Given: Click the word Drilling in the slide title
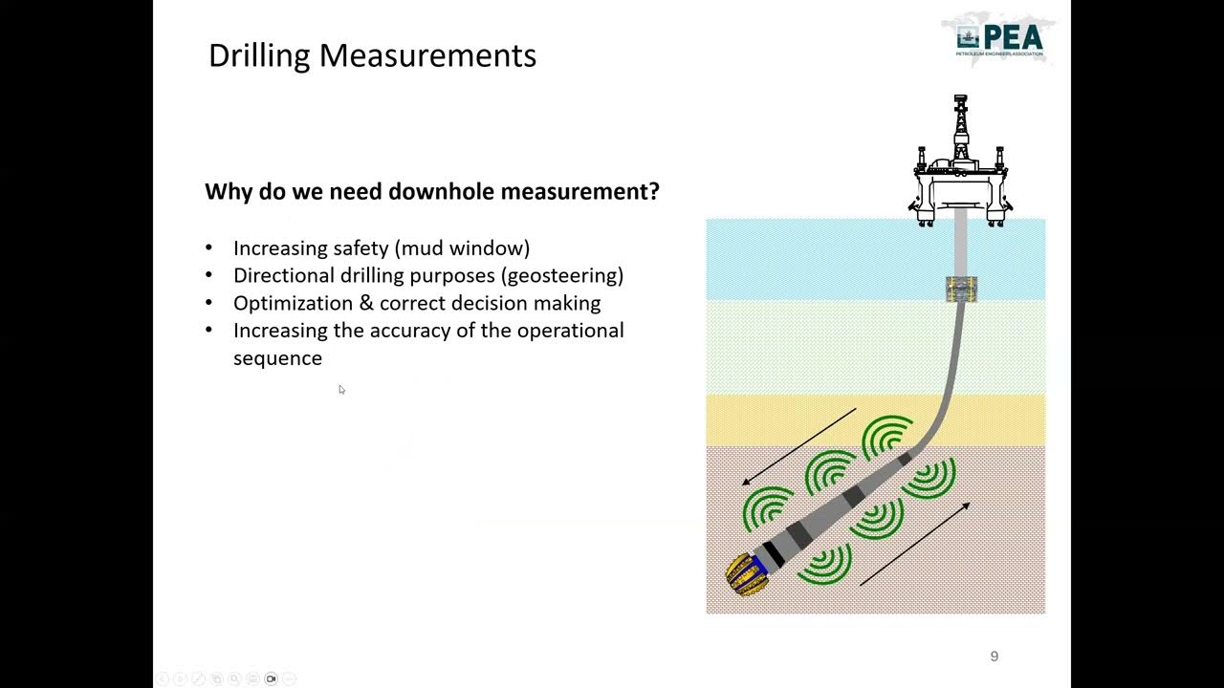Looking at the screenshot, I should coord(259,55).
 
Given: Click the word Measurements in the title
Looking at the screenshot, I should coord(427,55).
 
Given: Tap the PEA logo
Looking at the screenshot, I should coord(999,39).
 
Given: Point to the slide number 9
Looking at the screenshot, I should coord(994,656).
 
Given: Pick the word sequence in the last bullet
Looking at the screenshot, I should coord(277,358).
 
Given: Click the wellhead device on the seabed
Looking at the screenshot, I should coord(961,289).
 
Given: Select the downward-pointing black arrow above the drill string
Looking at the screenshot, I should coord(799,446).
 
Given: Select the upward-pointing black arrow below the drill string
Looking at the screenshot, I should coord(915,544).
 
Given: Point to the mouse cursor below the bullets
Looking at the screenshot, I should coord(341,389).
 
